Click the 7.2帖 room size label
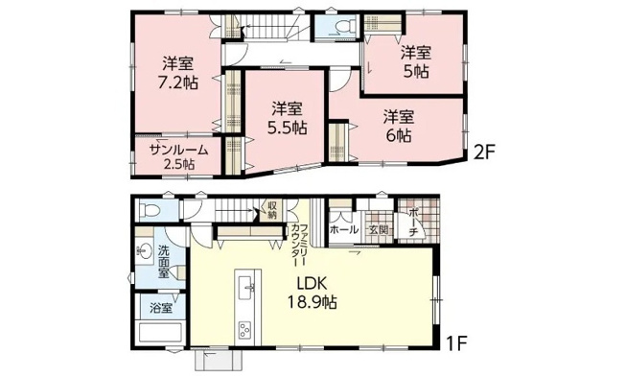178,82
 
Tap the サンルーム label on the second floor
179,151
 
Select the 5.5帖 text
287,128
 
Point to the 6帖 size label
399,136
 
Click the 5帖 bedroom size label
416,72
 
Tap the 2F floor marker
483,152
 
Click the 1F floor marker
456,343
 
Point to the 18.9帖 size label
312,303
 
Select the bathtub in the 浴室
160,331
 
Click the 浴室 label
161,308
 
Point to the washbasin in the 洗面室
144,251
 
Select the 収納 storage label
272,210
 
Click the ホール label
344,230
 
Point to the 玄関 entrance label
378,229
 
